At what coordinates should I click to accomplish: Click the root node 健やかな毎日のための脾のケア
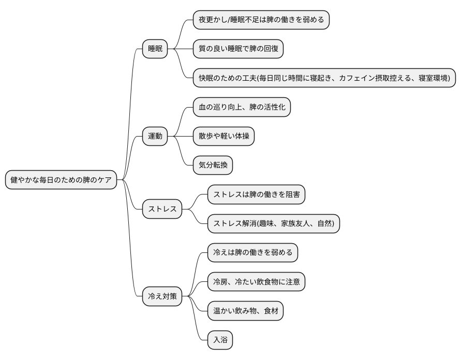61,180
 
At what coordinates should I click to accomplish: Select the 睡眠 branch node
155,49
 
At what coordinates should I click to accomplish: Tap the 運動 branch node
155,137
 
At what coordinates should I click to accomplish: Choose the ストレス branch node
162,209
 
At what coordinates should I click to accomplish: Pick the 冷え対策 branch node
162,297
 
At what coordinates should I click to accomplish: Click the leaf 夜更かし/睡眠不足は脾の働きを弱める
261,20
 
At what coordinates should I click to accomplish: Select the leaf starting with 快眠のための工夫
324,78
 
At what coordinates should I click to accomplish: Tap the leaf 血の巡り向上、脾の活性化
242,108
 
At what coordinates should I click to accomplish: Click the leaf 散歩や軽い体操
224,137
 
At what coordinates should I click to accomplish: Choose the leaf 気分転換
213,166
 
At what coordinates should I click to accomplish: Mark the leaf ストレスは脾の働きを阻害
256,195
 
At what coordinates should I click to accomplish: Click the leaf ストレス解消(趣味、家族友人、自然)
274,224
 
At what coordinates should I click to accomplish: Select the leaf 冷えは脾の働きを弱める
253,253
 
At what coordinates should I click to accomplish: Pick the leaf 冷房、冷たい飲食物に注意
256,282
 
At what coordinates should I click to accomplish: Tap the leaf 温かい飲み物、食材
246,311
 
